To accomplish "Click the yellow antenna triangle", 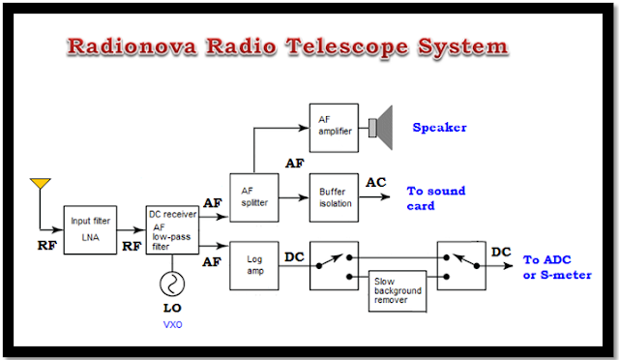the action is tap(41, 183).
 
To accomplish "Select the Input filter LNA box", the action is tap(90, 229).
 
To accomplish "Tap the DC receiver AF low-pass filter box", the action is tap(172, 229).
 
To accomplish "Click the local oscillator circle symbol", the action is tap(172, 284).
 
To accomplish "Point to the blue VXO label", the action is tap(172, 325).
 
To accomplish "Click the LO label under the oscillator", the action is tap(172, 308).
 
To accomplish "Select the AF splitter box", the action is tap(254, 197).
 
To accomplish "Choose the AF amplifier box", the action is tap(334, 128).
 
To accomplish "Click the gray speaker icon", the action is tap(380, 128).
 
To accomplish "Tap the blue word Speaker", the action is tap(439, 127).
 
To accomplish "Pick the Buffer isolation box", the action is tap(334, 197).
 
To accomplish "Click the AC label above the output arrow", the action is tap(376, 182).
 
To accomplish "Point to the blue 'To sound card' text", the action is tap(436, 198).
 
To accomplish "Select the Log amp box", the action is tap(254, 266).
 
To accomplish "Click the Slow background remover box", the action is tap(398, 291).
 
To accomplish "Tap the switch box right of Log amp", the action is tap(334, 266).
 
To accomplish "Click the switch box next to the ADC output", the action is tap(461, 266).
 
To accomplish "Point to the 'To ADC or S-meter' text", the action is tap(557, 267).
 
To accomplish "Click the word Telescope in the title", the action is tap(347, 46).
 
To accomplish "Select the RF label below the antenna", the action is tap(47, 246).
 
